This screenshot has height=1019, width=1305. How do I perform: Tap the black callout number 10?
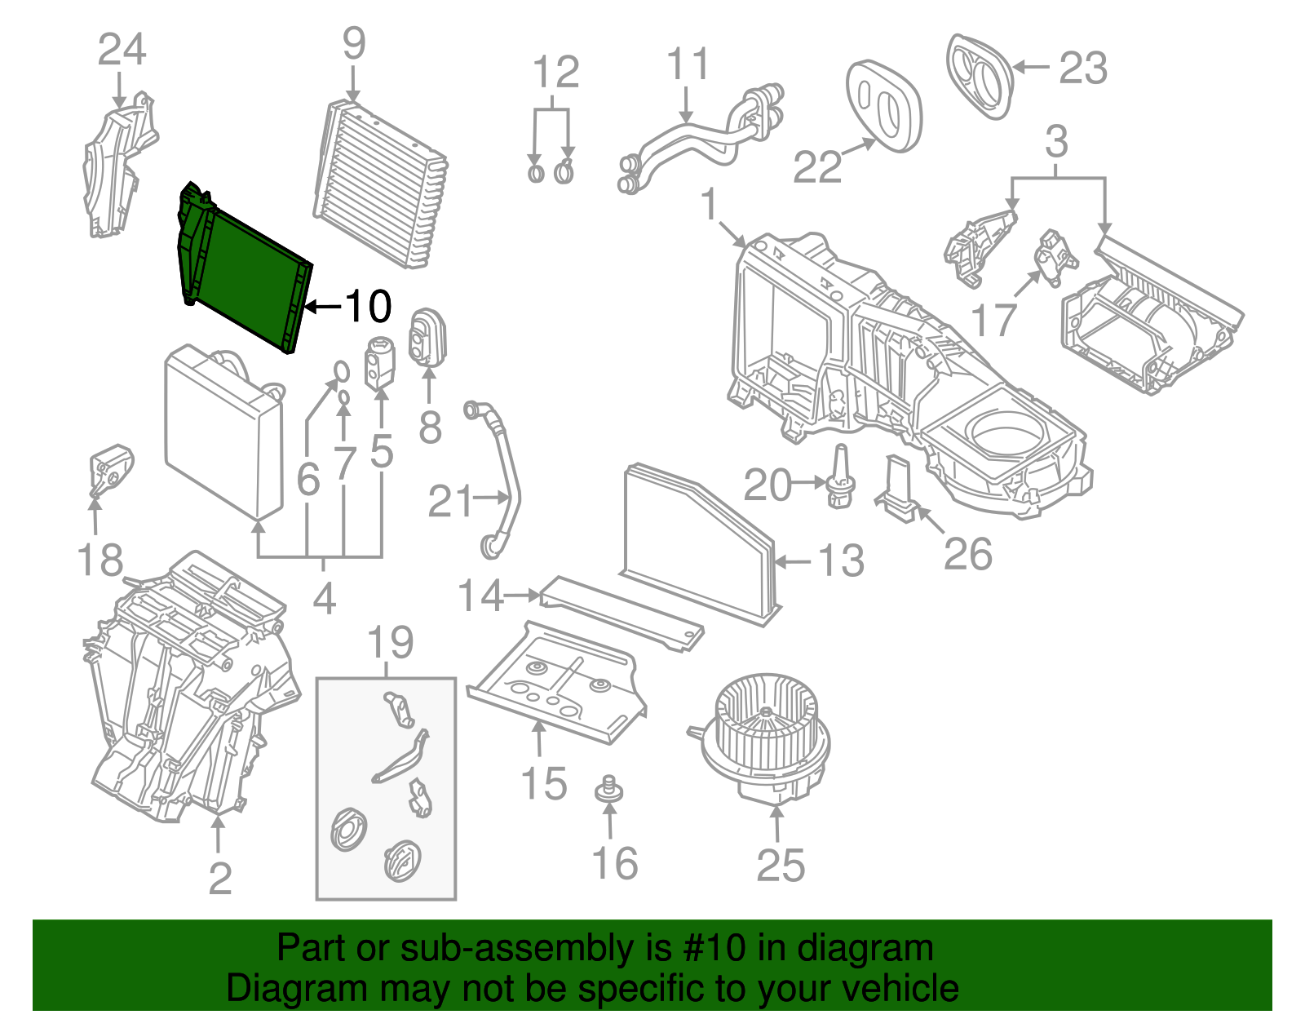point(368,307)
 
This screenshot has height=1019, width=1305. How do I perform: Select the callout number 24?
point(122,50)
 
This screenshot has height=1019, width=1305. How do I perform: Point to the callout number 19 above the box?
point(390,643)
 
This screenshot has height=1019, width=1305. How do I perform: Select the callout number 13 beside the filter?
point(841,561)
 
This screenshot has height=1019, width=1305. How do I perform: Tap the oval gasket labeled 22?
point(883,106)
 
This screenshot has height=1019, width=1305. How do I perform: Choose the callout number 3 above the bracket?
point(1056,142)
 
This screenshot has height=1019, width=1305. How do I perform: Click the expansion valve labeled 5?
point(380,361)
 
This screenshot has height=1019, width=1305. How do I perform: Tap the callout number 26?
point(967,554)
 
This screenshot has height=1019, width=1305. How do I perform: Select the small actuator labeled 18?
point(110,469)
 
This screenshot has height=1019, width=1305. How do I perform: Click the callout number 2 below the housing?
point(219,878)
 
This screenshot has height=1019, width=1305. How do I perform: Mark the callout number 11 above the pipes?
point(688,64)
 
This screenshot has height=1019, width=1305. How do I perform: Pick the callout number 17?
point(994,320)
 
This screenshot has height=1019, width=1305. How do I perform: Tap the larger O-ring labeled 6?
point(342,372)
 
